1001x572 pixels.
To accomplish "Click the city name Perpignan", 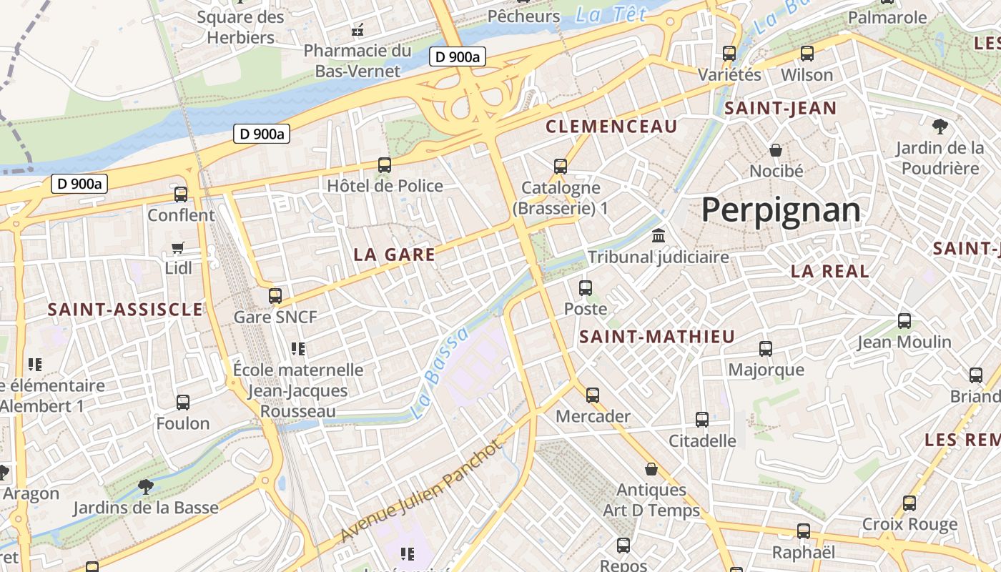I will tap(781, 210).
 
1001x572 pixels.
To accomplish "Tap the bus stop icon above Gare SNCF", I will tap(275, 295).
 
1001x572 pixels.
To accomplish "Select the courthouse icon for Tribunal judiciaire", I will tap(659, 235).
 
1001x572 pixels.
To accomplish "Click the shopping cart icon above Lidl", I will tap(178, 247).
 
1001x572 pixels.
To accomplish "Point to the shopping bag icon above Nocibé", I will tap(776, 149).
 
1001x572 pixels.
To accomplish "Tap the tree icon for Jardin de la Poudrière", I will tap(940, 127).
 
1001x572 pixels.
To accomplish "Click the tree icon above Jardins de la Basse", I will tap(146, 487).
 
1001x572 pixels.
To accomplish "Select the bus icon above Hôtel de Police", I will tap(385, 165).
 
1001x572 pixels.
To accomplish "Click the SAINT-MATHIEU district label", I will tap(657, 337).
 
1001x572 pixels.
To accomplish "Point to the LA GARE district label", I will tap(395, 255).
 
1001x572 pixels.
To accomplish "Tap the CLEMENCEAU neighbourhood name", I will tap(611, 127).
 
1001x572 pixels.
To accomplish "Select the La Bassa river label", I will tap(440, 373).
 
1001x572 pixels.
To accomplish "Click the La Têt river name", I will tap(611, 14).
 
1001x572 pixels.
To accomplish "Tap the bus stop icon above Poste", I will tap(586, 288).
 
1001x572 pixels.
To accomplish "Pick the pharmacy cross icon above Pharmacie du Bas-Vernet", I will tap(357, 30).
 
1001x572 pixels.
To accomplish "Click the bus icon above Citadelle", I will tap(702, 420).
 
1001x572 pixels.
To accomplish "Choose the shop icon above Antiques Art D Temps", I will tap(651, 469).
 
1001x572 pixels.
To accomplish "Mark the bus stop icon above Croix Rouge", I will tap(909, 503).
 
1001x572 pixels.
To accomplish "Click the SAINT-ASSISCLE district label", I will tap(125, 310).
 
